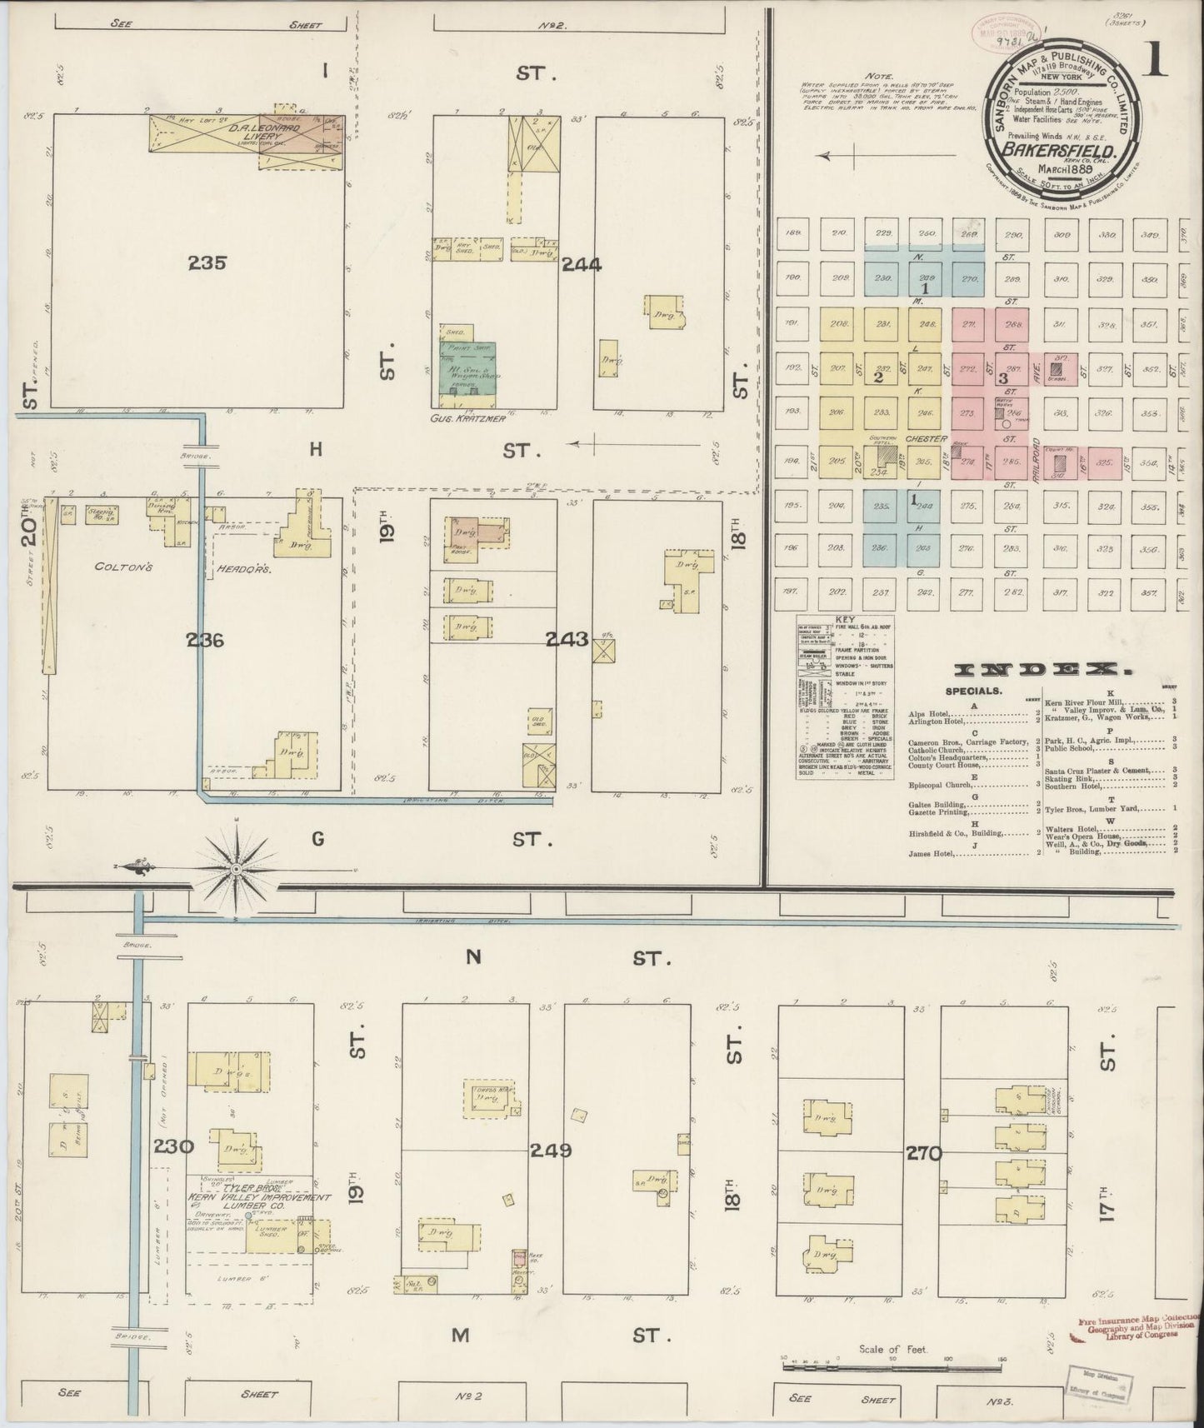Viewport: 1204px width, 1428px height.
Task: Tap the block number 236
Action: (x=207, y=641)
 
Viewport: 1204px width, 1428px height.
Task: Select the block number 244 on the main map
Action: (x=582, y=266)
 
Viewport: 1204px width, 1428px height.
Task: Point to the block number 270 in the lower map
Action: (x=925, y=1154)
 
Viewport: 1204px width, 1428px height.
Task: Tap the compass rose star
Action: (x=237, y=869)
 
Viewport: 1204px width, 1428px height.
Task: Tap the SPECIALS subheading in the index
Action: (x=973, y=691)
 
